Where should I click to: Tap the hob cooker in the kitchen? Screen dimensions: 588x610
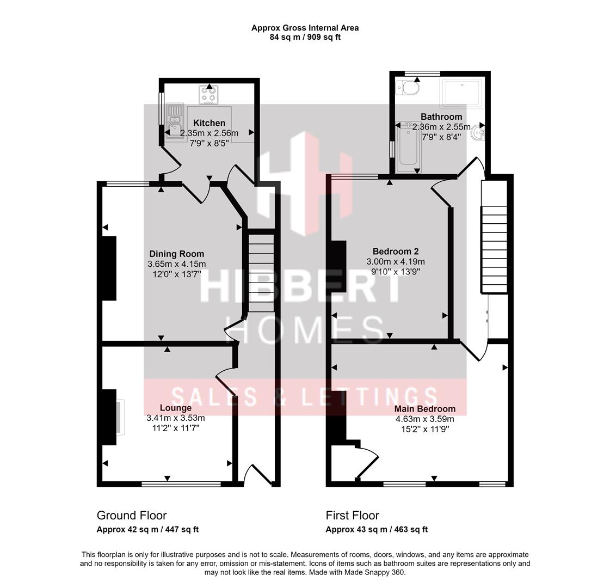click(209, 95)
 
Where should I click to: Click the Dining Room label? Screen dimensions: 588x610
click(176, 254)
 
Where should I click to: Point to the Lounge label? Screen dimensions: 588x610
click(175, 408)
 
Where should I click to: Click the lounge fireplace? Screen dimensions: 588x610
click(119, 416)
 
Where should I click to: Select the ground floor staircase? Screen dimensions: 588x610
click(261, 272)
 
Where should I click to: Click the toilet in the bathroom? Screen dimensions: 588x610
click(408, 87)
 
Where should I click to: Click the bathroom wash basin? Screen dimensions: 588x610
click(479, 131)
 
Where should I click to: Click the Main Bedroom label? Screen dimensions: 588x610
click(425, 409)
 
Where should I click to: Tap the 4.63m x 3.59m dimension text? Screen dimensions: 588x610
click(425, 419)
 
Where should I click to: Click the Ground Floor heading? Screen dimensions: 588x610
click(132, 515)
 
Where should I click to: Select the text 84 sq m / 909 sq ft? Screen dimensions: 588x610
click(305, 38)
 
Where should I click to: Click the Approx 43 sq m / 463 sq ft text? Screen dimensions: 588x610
click(377, 529)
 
